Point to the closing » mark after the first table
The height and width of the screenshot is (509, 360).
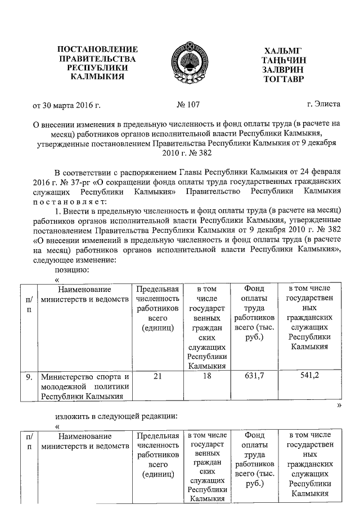pos(339,405)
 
